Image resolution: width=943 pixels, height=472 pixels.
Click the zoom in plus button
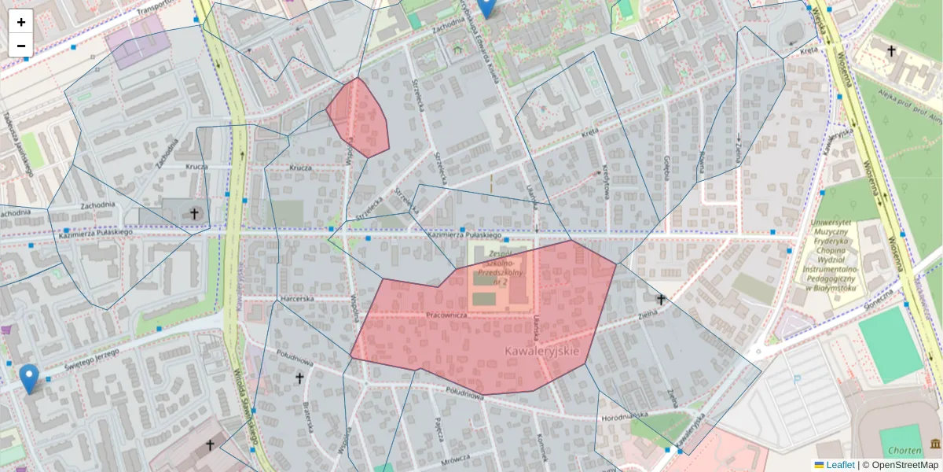[21, 22]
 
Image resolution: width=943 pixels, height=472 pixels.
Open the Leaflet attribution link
[840, 465]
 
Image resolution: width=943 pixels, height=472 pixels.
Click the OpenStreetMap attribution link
[903, 465]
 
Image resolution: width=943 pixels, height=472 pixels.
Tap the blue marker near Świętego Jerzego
[29, 378]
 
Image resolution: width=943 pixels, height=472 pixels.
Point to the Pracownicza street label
[446, 315]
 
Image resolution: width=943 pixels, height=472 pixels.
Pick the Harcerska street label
[297, 299]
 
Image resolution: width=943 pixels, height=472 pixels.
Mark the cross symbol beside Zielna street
[661, 299]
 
